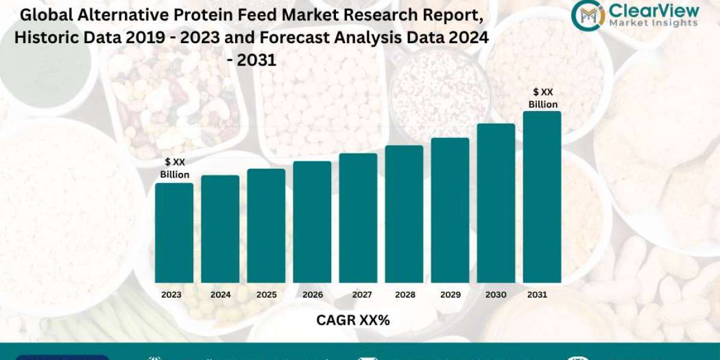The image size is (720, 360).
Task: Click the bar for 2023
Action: [174, 233]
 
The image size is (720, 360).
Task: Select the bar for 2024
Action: [220, 229]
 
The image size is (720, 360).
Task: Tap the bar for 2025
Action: [266, 226]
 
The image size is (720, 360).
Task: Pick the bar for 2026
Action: [312, 222]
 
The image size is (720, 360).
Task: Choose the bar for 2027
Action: [358, 218]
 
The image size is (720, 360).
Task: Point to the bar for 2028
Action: [404, 214]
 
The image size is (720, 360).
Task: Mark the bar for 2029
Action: [450, 210]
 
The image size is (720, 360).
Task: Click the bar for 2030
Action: [496, 203]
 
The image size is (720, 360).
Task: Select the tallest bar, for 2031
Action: [542, 197]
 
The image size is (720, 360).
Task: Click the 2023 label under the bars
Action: [172, 295]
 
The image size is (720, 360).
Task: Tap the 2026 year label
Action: [313, 295]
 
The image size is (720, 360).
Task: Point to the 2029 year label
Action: [450, 295]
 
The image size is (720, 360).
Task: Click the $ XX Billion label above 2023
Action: [175, 168]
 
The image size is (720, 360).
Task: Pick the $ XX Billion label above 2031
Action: [543, 98]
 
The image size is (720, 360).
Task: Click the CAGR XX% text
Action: [353, 320]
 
